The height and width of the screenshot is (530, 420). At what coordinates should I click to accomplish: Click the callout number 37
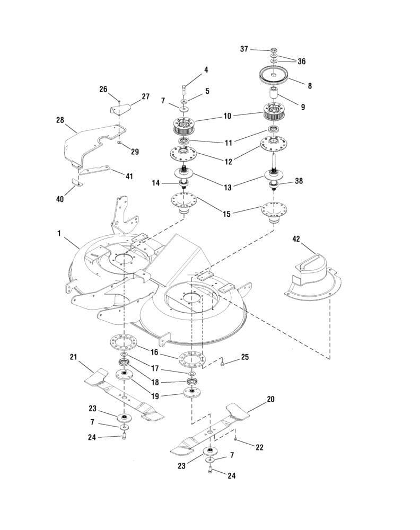coord(244,49)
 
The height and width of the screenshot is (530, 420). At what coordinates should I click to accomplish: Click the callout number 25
coord(244,357)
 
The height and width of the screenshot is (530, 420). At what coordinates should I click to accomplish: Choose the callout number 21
coord(74,357)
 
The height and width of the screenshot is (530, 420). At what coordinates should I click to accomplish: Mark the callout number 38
coord(299,181)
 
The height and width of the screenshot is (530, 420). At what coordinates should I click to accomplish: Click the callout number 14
coord(155,183)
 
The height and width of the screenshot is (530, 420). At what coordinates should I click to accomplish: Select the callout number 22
coord(260,448)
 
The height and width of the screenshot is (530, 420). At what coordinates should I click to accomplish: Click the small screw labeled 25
coord(223,364)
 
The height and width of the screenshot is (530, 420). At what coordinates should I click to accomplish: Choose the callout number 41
coord(129,175)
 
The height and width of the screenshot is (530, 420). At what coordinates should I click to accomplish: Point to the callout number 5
coord(207,91)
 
